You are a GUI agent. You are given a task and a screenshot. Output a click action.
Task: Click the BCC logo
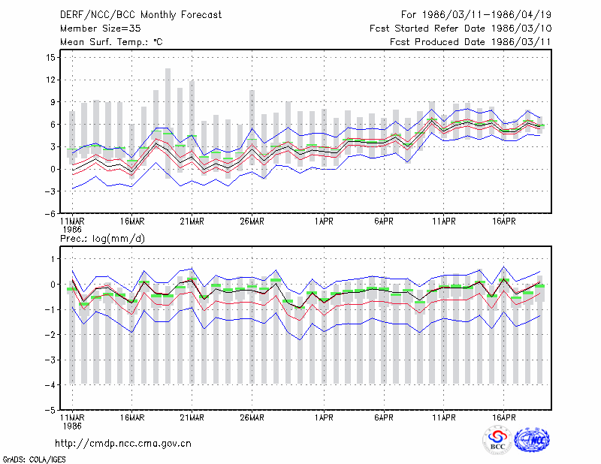pos(497,440)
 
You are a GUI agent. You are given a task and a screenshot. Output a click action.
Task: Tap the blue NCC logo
pos(532,440)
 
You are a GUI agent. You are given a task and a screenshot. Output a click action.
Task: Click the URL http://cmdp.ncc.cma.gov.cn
pos(123,444)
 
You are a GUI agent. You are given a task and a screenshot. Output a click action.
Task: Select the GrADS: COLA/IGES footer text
pos(34,459)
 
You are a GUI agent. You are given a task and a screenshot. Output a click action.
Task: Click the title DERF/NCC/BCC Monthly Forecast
pos(140,15)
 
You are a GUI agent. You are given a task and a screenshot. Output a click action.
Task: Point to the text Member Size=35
pos(101,29)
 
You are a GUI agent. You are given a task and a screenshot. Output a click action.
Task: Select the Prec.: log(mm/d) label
pos(102,239)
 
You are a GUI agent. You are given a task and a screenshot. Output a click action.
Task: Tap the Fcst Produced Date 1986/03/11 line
pos(470,42)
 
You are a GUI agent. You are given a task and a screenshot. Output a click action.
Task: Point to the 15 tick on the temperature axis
pos(50,58)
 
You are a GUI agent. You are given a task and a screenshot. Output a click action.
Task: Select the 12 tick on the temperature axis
pos(50,80)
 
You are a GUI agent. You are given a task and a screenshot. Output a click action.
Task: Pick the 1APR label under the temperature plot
pos(324,221)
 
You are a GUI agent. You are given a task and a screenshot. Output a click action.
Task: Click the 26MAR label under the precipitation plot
pos(252,417)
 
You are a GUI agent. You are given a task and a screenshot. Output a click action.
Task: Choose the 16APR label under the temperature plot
pos(503,221)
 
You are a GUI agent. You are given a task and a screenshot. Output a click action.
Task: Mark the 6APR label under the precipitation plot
pos(384,417)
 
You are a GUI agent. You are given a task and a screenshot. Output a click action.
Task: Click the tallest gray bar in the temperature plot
pos(168,123)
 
